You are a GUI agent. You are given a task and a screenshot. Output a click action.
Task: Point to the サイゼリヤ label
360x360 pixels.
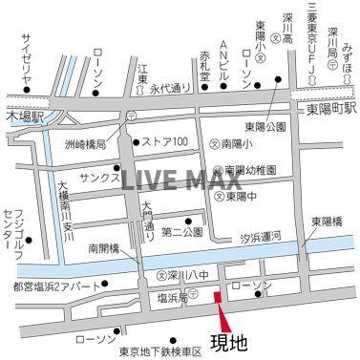pyautogui.click(x=27, y=59)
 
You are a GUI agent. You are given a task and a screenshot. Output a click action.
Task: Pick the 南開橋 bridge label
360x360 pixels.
pyautogui.click(x=104, y=247)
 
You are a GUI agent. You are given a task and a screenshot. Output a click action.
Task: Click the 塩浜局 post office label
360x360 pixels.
pyautogui.click(x=170, y=298)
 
